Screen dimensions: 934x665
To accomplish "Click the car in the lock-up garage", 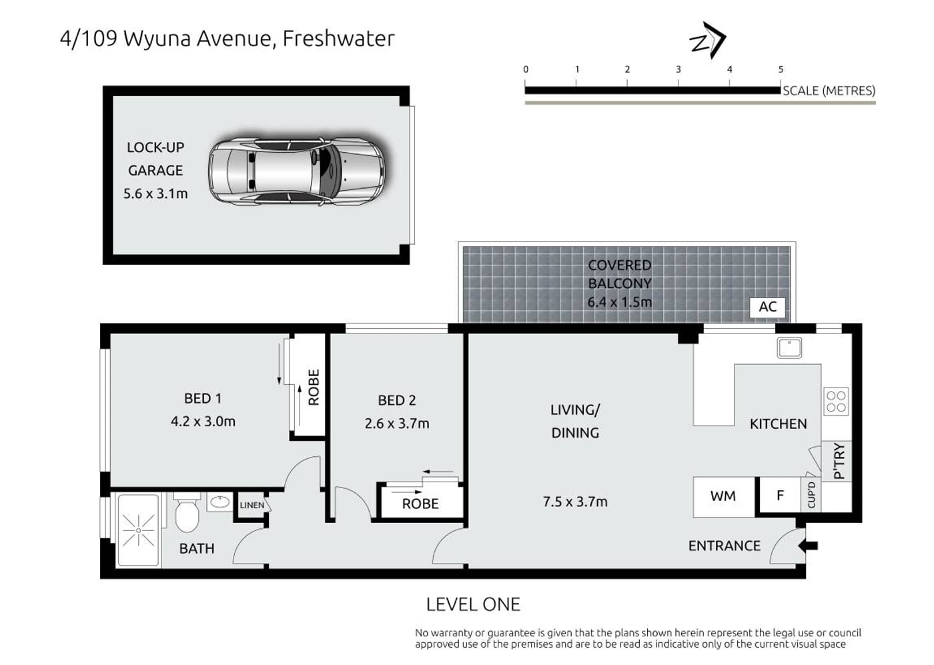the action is (296, 171).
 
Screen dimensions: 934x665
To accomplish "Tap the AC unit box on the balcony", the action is (767, 307).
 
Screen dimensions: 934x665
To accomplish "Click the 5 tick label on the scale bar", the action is (781, 69).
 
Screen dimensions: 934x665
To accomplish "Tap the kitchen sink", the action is (789, 348).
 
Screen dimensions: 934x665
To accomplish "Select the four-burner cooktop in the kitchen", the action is (836, 401).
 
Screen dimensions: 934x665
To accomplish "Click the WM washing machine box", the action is (723, 496).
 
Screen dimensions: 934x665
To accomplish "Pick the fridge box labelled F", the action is (780, 496).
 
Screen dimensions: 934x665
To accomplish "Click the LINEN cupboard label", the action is (252, 506).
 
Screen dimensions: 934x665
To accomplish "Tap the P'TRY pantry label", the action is (839, 461).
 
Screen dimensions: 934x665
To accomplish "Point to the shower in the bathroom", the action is (139, 530).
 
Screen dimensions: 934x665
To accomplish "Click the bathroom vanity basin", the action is (219, 502).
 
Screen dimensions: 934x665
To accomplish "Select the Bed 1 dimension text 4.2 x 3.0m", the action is (203, 422).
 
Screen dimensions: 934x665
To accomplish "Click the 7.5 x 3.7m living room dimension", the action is (575, 502).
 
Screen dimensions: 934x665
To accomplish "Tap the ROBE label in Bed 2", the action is (420, 504).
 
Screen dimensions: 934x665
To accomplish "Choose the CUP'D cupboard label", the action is (811, 495).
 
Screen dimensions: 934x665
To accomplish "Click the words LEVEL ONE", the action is (473, 604).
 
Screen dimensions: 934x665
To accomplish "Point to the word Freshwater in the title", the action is (339, 39).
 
